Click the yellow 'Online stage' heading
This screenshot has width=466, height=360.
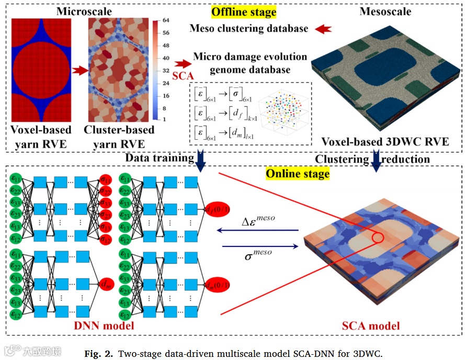pyautogui.click(x=298, y=173)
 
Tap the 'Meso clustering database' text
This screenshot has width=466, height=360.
pyautogui.click(x=249, y=28)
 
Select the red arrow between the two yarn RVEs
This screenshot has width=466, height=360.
pyautogui.click(x=79, y=70)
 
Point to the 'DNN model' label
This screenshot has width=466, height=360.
pyautogui.click(x=104, y=325)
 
